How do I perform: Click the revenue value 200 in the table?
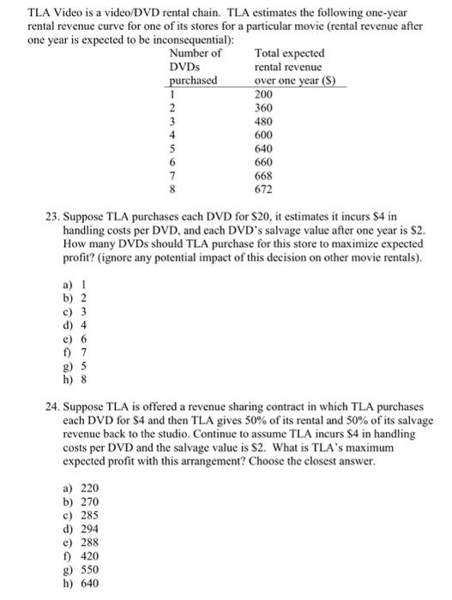click(264, 93)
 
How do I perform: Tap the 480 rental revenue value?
click(264, 121)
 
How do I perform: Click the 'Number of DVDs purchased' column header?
click(191, 66)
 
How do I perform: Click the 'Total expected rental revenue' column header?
click(289, 66)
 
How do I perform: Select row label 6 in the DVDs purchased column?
click(172, 162)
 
